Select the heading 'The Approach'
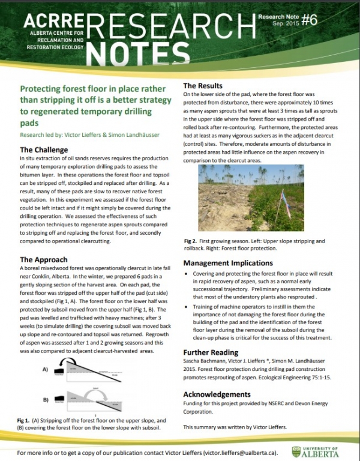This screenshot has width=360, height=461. click(44, 259)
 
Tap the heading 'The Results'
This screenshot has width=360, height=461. click(206, 86)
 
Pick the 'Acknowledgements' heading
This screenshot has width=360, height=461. click(217, 394)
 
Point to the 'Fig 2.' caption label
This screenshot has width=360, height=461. click(192, 241)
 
